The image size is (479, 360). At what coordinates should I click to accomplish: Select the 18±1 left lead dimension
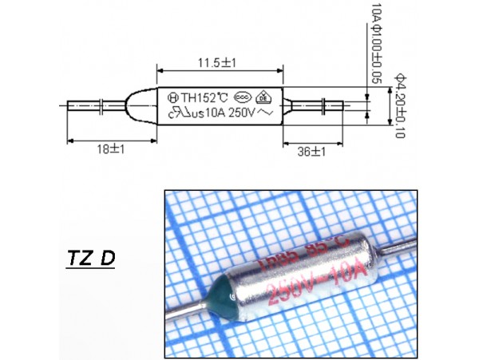(98, 148)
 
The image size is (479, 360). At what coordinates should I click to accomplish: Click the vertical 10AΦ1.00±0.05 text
(373, 43)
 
